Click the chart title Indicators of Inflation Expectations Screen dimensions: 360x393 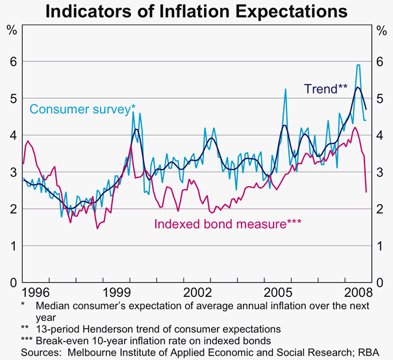[x=196, y=11]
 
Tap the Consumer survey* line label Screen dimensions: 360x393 [x=82, y=109]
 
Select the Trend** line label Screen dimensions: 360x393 [x=327, y=88]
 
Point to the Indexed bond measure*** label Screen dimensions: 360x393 [x=227, y=224]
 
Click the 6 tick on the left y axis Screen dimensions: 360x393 [x=11, y=61]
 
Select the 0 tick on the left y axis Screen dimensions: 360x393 [x=11, y=283]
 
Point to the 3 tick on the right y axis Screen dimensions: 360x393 [x=381, y=172]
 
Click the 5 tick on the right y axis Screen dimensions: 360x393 [x=381, y=98]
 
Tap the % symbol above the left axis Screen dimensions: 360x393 [x=11, y=29]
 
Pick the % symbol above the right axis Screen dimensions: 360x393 [x=381, y=29]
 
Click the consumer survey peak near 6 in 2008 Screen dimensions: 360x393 [x=358, y=65]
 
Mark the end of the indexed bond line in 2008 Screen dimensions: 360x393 [x=366, y=192]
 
